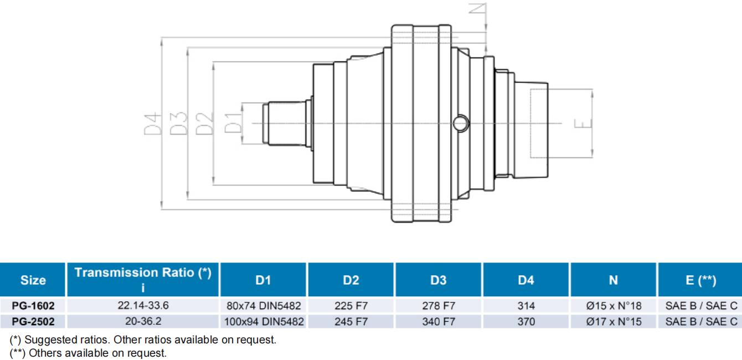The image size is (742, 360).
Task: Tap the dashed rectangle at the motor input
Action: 539,122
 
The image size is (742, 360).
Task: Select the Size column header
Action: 33,281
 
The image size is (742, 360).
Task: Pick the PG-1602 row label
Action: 33,305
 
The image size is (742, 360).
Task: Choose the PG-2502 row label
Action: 33,322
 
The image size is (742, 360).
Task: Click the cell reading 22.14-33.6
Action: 142,305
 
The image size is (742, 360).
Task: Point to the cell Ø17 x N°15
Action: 613,322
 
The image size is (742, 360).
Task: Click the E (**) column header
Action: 700,281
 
